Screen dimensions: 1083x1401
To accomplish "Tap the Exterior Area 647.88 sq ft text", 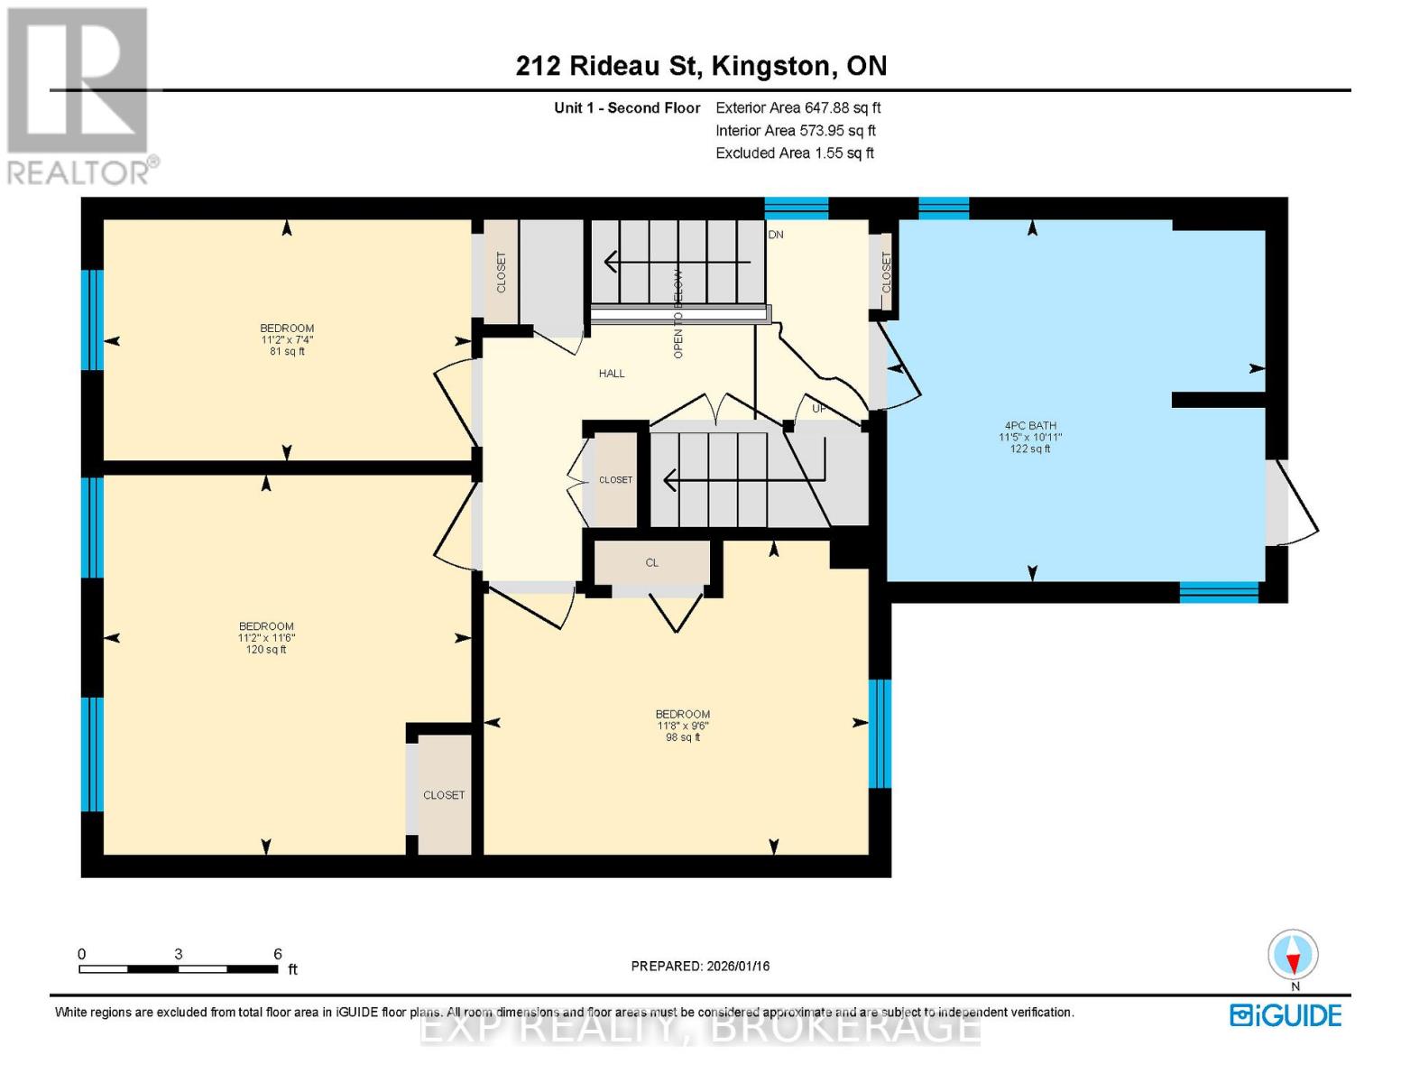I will [x=797, y=107].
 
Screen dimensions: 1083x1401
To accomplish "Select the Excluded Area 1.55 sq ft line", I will [x=794, y=153].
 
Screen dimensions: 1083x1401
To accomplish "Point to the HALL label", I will [x=611, y=374].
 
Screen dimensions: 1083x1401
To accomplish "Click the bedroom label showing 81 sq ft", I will [x=287, y=339].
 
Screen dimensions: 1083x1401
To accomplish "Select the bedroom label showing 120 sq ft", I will [x=266, y=637].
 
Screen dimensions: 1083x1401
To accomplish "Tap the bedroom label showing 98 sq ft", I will [x=682, y=726].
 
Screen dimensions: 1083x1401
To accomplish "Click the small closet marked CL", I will [x=651, y=563].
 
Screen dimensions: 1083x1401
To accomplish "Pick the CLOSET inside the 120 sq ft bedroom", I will [x=444, y=795].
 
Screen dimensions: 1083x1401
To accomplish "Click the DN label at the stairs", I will [x=776, y=235].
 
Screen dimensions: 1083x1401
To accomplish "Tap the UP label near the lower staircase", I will [x=818, y=409].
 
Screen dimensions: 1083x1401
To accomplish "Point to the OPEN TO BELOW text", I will [x=678, y=314].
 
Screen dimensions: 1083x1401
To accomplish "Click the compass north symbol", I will [x=1294, y=955].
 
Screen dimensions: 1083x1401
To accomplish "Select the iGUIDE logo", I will [x=1286, y=1015].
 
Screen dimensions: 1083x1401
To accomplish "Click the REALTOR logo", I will [x=79, y=95].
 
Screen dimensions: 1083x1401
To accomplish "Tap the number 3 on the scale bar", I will [x=179, y=954].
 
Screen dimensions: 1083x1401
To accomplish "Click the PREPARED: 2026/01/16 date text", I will [x=700, y=966].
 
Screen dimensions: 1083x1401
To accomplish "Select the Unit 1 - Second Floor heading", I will [x=626, y=108].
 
